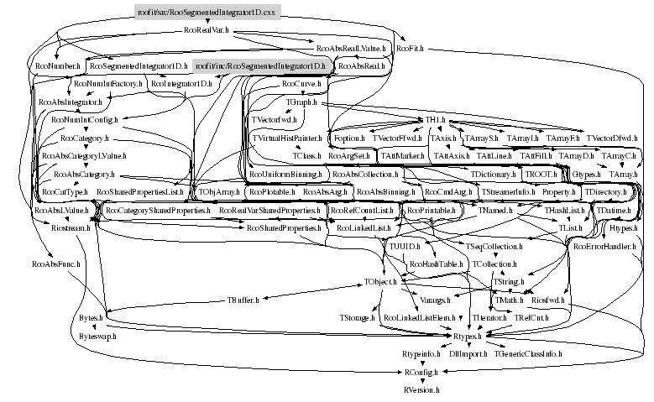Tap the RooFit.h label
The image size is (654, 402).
pos(408,49)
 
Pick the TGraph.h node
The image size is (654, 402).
pos(301,102)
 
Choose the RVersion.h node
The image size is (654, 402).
pos(421,390)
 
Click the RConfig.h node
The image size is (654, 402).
pos(421,372)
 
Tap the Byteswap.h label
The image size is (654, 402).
pos(97,336)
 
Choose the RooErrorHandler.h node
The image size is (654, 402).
pos(601,246)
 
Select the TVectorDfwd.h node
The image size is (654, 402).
pos(612,138)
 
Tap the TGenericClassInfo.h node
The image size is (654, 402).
pos(528,354)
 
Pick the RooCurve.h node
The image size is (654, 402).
pos(299,85)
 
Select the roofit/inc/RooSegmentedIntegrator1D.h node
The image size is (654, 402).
pos(260,66)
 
